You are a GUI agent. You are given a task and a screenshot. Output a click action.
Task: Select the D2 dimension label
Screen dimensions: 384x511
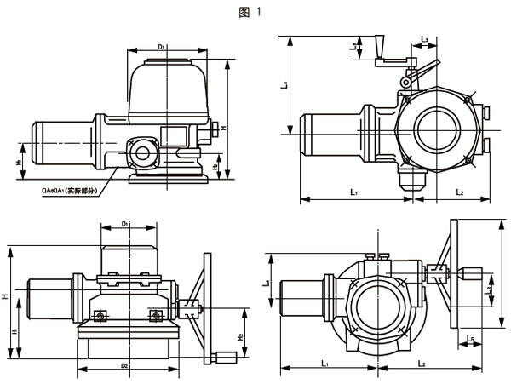(x=124, y=364)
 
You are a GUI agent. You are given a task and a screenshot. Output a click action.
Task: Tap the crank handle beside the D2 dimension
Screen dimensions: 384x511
(x=225, y=357)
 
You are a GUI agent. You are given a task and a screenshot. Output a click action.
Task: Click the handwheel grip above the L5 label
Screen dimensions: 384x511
(x=470, y=274)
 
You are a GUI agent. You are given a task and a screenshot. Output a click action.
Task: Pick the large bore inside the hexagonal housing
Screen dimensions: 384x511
(x=440, y=131)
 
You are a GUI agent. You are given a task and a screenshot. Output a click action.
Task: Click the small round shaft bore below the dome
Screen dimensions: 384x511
(x=141, y=154)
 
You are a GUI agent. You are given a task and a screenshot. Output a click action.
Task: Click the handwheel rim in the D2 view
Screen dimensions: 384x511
(x=204, y=302)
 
